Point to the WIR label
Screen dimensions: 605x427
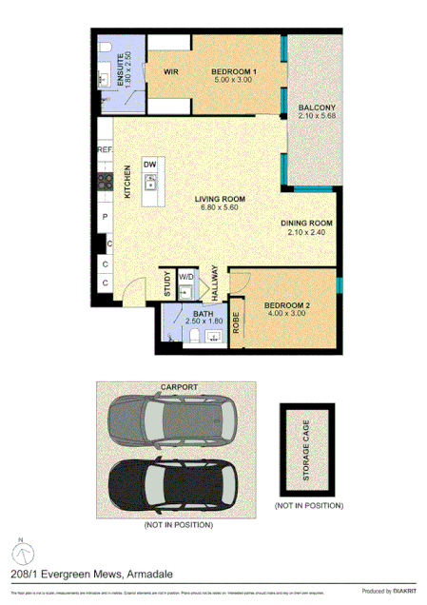click(171, 71)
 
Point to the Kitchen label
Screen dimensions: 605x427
click(127, 181)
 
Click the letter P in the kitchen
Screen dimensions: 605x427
click(104, 217)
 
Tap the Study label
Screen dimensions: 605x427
click(166, 284)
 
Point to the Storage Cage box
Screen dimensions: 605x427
click(307, 446)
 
